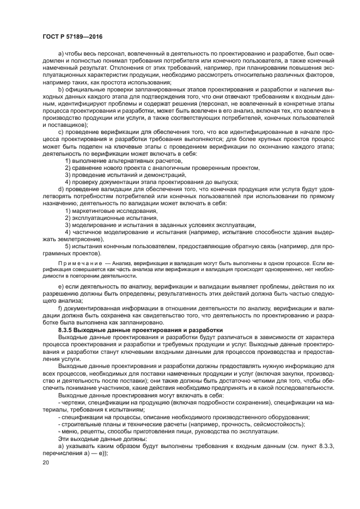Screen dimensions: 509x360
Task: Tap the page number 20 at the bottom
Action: click(x=45, y=462)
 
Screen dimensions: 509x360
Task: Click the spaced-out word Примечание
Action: click(x=70, y=262)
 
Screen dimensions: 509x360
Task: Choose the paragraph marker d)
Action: click(x=60, y=189)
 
